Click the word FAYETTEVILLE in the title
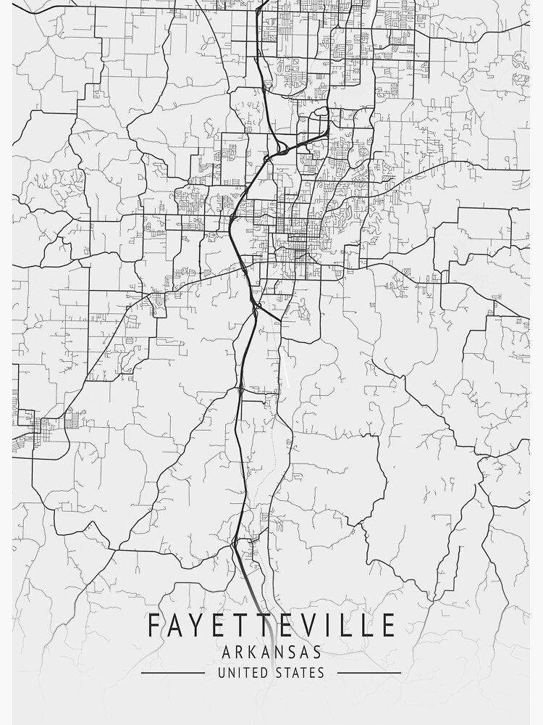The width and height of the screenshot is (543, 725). click(271, 626)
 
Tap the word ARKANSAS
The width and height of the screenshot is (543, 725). click(271, 653)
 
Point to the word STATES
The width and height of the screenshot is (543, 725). click(300, 673)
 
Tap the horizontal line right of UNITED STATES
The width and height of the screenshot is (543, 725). click(369, 673)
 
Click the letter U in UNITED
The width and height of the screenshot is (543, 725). click(222, 673)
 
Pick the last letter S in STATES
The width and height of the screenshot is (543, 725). click(321, 673)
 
